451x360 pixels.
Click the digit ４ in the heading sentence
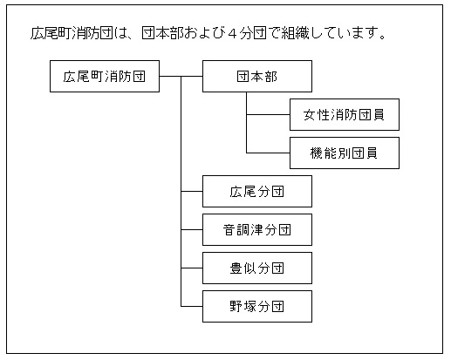tap(232, 33)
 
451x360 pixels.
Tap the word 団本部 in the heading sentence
tap(162, 33)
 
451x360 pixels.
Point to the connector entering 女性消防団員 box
tap(268, 115)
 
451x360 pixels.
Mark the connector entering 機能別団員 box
tap(268, 153)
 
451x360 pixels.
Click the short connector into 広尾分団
tap(192, 192)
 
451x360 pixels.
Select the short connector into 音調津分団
tap(192, 230)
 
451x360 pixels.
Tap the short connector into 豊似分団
tap(192, 268)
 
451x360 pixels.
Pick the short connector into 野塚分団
tap(192, 307)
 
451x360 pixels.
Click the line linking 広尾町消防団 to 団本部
tap(181, 77)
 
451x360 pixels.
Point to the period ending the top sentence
tap(383, 37)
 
